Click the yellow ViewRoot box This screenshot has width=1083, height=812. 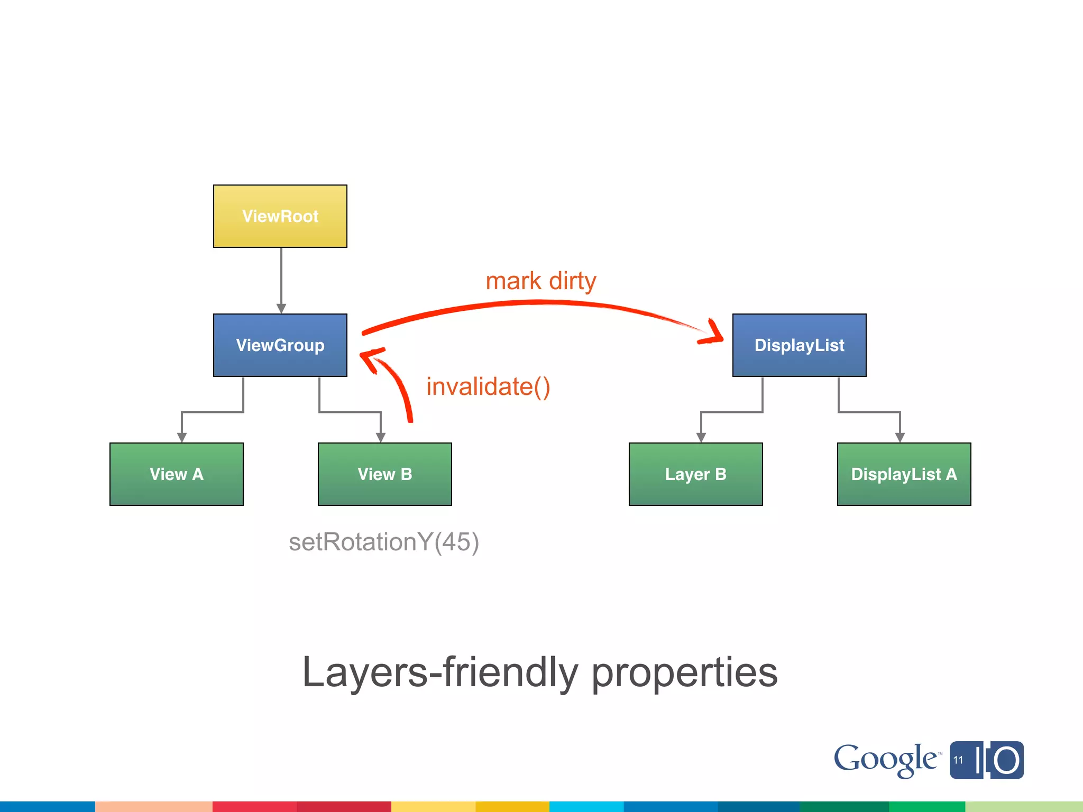coord(280,216)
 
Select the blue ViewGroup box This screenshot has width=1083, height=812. coord(280,345)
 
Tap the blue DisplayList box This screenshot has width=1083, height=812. coord(799,345)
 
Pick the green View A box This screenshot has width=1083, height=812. coord(177,474)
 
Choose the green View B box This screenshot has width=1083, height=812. coord(385,474)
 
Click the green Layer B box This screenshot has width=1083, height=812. coord(695,474)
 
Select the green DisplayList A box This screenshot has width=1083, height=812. coord(904,474)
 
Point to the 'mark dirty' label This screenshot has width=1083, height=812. coord(540,281)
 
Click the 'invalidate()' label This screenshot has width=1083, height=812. coord(488,386)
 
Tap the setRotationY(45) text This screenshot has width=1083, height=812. coord(384,542)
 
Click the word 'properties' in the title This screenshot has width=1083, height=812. coord(684,672)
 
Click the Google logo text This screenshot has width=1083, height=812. coord(886,760)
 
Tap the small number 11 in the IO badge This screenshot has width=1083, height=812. coord(958,760)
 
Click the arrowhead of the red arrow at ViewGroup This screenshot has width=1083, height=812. coord(369,357)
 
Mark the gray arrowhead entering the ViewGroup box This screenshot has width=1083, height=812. coord(281,309)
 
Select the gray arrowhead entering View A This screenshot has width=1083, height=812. coord(182,438)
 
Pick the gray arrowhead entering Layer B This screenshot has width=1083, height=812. coord(701,438)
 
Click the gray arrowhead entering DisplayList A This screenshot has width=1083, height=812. coord(900,438)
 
